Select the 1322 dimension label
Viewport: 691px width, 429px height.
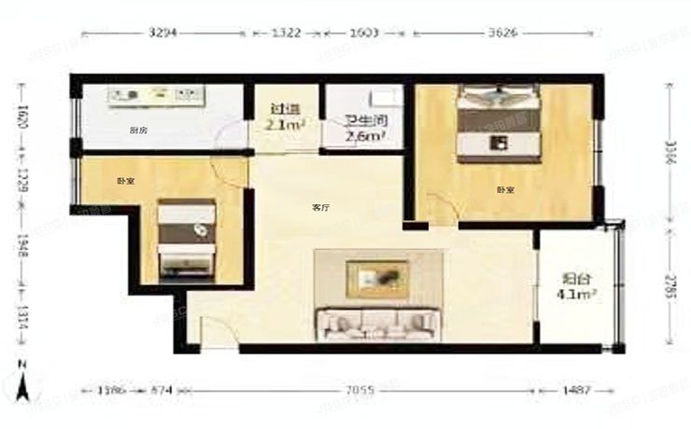286,32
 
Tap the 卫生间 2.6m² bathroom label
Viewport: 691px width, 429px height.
364,128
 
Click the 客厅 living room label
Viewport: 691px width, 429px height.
319,208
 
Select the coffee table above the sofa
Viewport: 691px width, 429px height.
377,277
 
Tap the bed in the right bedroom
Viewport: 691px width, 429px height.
499,124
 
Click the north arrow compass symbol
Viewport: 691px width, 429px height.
25,379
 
